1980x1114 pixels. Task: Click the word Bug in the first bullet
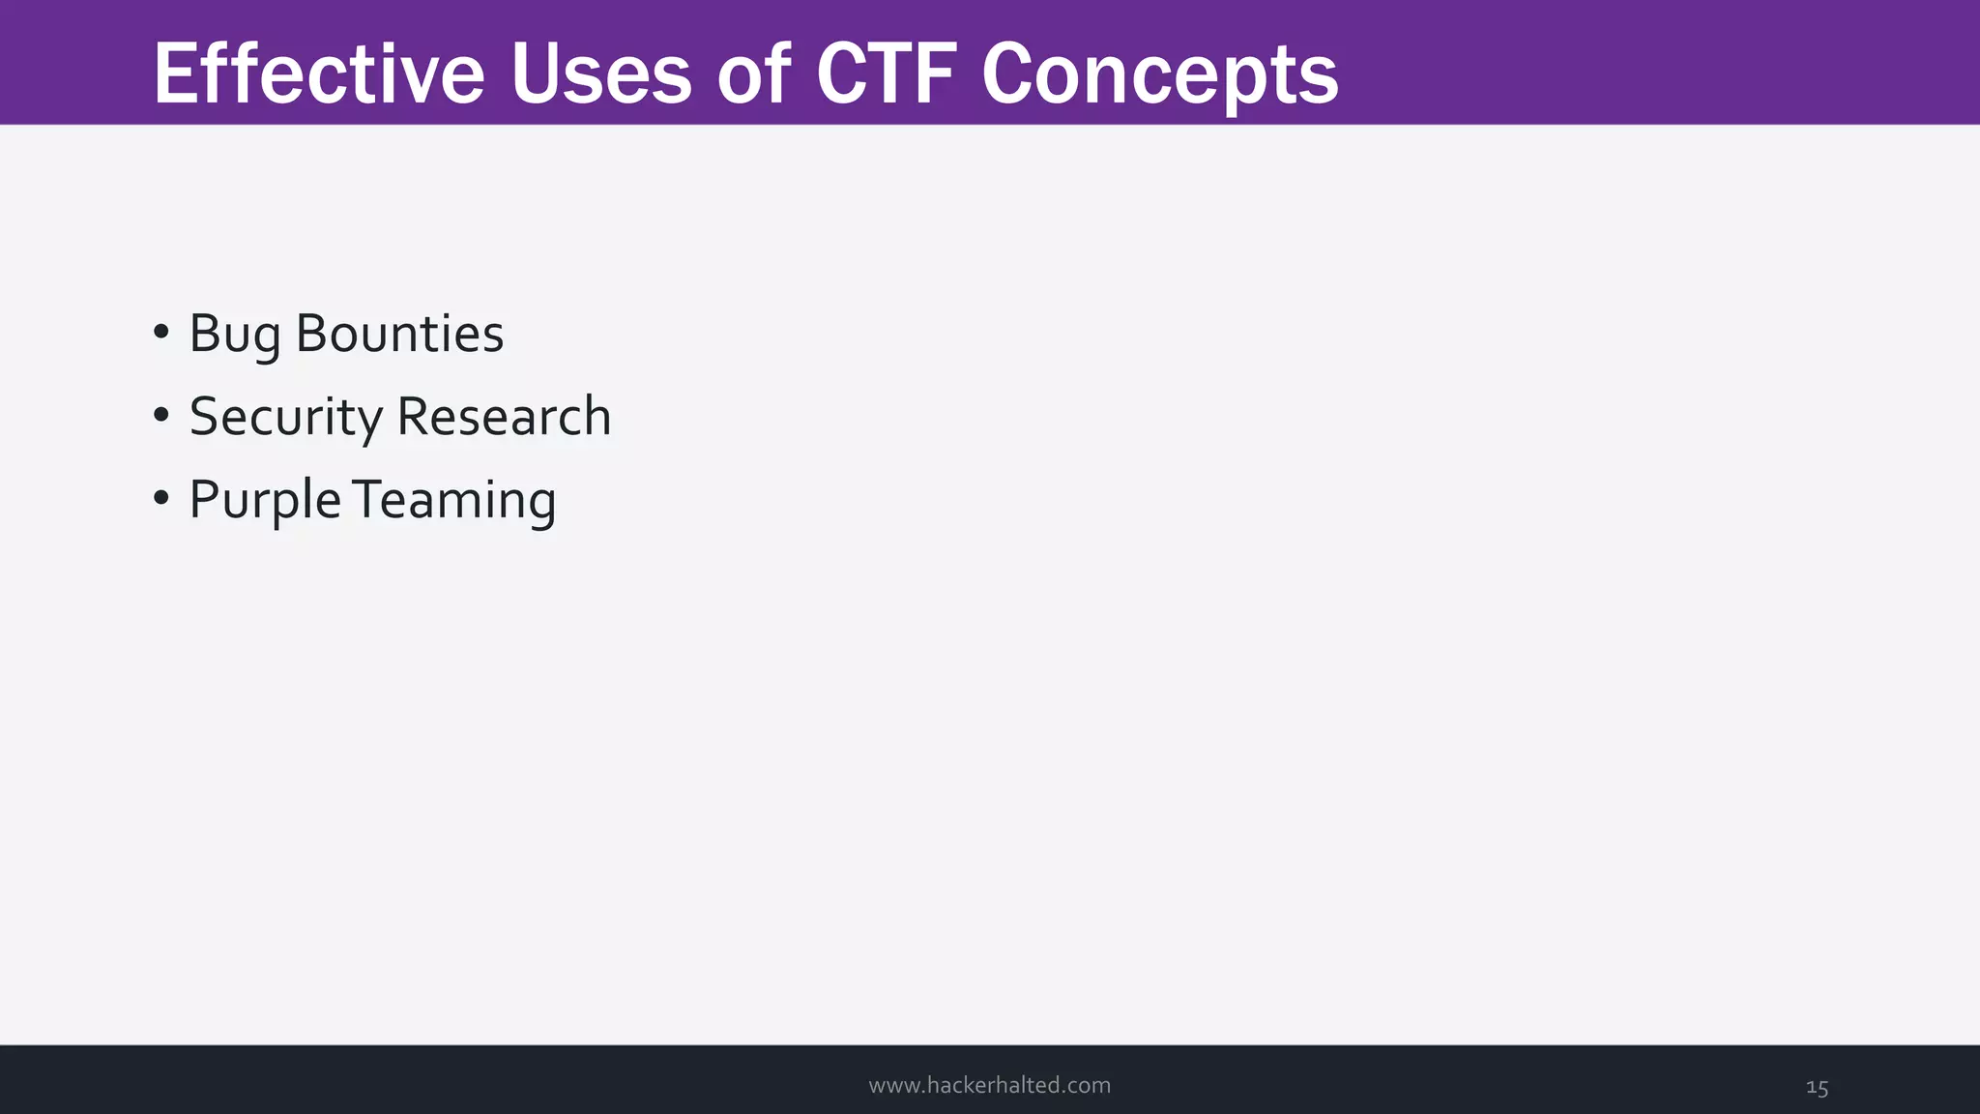point(235,335)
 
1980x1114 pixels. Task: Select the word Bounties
point(399,334)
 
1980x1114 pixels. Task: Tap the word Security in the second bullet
point(286,418)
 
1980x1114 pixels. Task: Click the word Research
point(504,417)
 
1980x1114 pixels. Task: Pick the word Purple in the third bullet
point(265,501)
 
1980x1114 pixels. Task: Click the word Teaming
point(453,501)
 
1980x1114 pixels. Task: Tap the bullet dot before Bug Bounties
point(161,333)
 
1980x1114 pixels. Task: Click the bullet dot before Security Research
point(161,416)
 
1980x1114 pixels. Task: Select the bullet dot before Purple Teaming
point(161,499)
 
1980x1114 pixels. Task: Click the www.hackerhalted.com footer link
point(989,1085)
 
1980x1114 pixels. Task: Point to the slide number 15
point(1817,1088)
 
